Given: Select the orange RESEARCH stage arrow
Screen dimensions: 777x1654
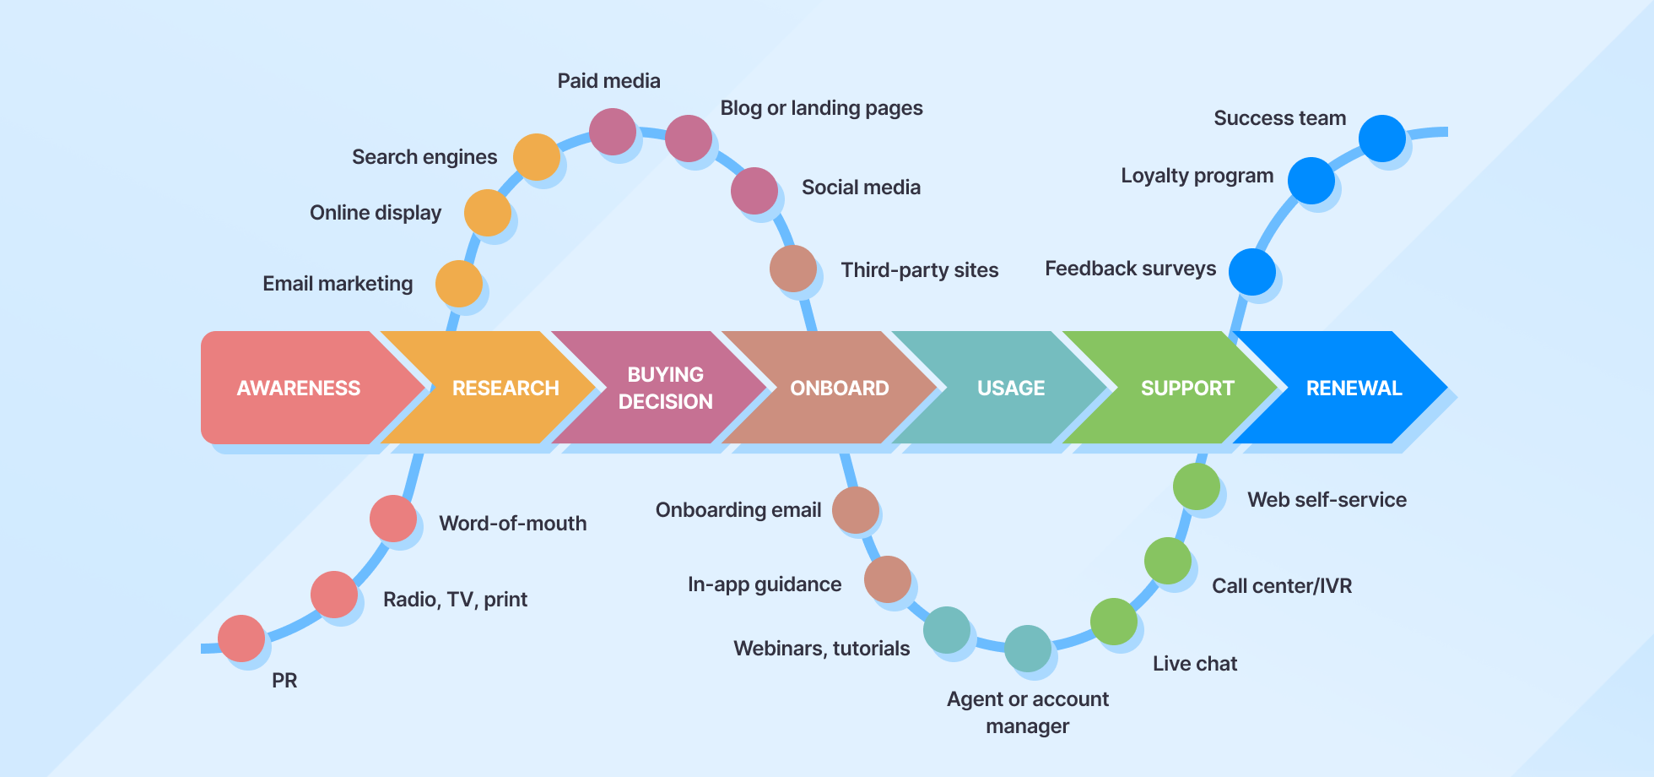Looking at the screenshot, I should click(505, 388).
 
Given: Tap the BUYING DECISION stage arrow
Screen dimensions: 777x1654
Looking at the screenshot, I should click(665, 388).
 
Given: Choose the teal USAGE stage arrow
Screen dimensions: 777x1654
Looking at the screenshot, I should click(1010, 388).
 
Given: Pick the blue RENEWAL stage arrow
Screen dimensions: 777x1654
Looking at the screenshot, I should click(1354, 388).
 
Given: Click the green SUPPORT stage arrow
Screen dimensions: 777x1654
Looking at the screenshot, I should click(1186, 388).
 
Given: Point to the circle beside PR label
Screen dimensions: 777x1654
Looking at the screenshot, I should click(241, 638).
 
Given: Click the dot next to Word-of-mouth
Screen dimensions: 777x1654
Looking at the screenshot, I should click(393, 519).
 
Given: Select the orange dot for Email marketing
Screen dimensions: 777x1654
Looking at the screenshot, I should click(458, 284).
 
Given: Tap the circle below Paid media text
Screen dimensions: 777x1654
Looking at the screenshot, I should click(613, 132).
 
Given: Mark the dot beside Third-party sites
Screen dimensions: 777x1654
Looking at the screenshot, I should click(793, 269).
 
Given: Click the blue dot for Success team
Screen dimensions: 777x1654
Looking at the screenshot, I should click(1382, 139).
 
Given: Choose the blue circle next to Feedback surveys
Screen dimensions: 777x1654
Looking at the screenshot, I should click(1252, 272).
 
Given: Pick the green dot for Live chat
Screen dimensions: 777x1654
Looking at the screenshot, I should click(1114, 622).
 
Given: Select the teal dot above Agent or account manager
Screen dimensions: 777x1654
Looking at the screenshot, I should click(1028, 649).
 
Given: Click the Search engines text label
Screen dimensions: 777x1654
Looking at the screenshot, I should click(424, 157).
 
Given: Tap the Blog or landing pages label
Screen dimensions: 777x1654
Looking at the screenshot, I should click(821, 108).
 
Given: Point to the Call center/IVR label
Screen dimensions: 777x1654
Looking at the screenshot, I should click(1282, 586).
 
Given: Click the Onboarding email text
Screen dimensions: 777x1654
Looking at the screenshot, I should click(738, 510).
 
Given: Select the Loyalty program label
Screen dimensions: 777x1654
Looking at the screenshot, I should click(1197, 176).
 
